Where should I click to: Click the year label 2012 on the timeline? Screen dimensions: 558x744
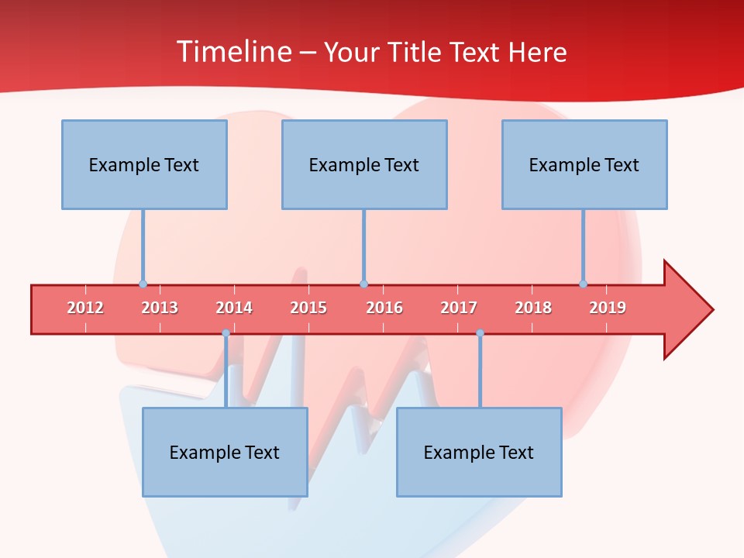point(85,308)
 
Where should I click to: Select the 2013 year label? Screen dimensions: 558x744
point(160,308)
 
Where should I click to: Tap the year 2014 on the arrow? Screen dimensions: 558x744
point(234,308)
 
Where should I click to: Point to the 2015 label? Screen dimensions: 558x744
point(308,308)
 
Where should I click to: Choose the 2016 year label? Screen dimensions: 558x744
point(384,308)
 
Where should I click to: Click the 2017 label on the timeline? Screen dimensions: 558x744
point(459,308)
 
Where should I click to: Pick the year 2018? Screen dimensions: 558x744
point(533,308)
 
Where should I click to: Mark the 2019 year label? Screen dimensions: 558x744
point(608,308)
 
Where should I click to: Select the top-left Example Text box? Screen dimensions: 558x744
point(144,164)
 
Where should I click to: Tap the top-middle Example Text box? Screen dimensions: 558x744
point(364,164)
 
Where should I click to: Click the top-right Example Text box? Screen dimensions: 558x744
point(584,164)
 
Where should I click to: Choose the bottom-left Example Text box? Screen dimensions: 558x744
point(225,452)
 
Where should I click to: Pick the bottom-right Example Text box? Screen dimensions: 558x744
point(479,452)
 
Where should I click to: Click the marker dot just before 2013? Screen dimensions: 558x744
point(143,284)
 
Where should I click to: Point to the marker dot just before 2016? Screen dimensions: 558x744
point(363,284)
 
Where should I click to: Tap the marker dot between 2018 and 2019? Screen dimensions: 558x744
point(583,284)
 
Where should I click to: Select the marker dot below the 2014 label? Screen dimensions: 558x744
point(226,333)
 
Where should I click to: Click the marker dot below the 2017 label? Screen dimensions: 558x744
point(480,333)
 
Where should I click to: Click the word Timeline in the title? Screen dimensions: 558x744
point(232,52)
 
